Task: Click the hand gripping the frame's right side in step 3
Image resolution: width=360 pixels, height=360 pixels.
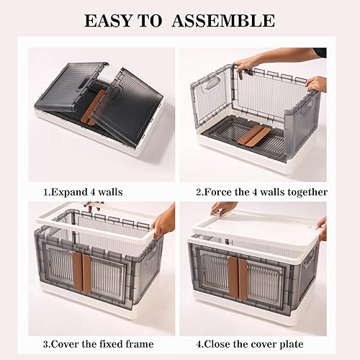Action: (x=163, y=221)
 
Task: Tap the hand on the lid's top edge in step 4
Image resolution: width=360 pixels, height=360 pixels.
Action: (x=223, y=208)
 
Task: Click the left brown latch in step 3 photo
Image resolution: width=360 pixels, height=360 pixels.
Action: (x=76, y=271)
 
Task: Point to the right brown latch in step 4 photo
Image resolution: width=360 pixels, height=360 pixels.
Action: (x=243, y=276)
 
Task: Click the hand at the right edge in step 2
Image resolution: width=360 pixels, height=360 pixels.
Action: (x=316, y=84)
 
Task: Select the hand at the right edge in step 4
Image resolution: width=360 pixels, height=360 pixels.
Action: (x=321, y=229)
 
